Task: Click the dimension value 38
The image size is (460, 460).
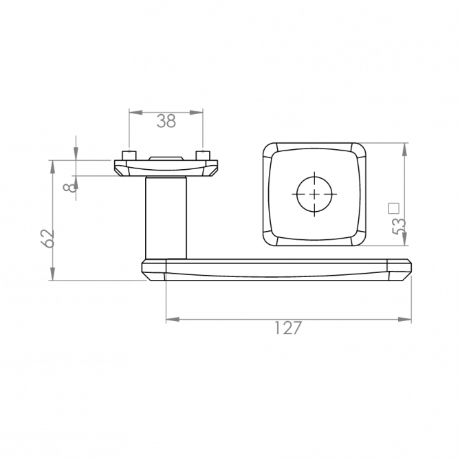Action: point(166,121)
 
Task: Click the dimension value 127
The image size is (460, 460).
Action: point(288,328)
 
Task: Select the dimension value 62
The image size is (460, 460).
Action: point(47,239)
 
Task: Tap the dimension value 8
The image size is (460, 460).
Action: point(69,187)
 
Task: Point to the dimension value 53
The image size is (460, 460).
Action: point(399,226)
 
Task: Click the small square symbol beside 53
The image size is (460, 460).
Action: point(394,208)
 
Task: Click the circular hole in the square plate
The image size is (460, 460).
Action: point(314,194)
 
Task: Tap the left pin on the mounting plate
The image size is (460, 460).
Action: point(129,155)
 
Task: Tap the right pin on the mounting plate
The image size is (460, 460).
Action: point(203,155)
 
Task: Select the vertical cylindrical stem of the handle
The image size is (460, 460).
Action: point(166,218)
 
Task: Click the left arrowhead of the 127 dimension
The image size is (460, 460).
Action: point(173,319)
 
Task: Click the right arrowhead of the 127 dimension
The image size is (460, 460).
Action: point(404,319)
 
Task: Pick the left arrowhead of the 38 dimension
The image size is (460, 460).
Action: point(136,112)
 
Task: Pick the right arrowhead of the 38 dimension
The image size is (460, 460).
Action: point(196,112)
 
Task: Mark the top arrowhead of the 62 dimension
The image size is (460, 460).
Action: point(52,167)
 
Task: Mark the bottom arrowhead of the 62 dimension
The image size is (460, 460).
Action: point(52,274)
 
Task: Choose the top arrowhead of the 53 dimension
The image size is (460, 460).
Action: point(404,150)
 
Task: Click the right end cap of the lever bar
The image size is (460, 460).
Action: point(399,270)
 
